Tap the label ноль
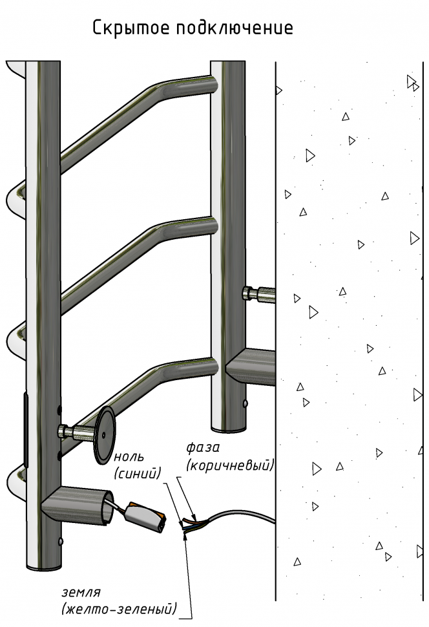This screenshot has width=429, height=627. [x=129, y=457]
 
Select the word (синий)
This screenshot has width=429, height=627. [x=137, y=473]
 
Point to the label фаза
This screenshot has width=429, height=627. [x=203, y=448]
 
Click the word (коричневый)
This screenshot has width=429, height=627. [x=230, y=465]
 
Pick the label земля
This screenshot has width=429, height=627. [x=81, y=592]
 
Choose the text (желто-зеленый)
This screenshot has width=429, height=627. [x=119, y=609]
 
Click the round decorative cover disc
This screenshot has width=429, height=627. [x=104, y=435]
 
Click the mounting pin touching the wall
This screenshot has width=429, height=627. [x=258, y=294]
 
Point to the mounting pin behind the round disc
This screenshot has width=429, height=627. [x=77, y=431]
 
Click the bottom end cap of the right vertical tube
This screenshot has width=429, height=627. [x=228, y=429]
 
